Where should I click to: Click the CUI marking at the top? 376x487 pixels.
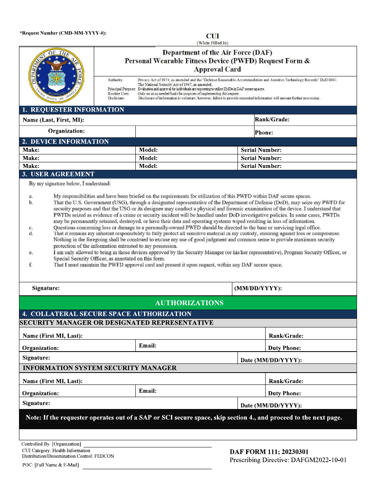click(213, 36)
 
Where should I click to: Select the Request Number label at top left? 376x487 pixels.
click(63, 33)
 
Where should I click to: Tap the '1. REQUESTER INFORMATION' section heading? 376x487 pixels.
click(73, 110)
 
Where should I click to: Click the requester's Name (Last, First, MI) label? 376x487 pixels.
click(53, 120)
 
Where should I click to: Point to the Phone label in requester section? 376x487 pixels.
click(264, 133)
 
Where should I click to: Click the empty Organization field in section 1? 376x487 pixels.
click(194, 131)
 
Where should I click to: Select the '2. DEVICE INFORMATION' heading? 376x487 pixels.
click(66, 141)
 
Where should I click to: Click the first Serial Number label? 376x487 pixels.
click(261, 150)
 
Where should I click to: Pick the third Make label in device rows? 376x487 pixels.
click(31, 166)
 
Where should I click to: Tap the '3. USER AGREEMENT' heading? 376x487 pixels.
click(58, 174)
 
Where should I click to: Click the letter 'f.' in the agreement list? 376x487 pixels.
click(31, 265)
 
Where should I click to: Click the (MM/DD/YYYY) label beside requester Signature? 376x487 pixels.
click(258, 289)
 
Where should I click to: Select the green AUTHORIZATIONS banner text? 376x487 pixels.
click(189, 303)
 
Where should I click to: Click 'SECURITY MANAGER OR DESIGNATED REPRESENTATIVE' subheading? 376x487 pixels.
click(116, 323)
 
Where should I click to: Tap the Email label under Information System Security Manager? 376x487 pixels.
click(148, 391)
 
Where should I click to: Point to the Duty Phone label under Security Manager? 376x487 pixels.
click(284, 348)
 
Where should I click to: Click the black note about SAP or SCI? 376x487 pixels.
click(184, 417)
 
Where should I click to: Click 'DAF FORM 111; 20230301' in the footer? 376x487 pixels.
click(269, 452)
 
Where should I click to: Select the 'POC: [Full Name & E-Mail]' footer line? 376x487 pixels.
click(51, 465)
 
